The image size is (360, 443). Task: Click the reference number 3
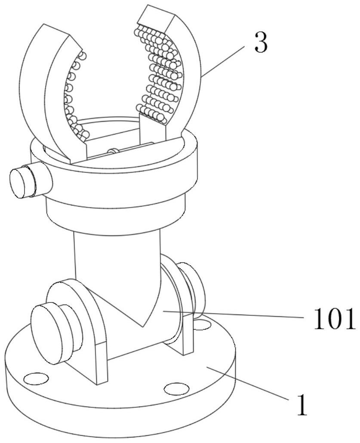(261, 43)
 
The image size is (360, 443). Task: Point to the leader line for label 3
(224, 61)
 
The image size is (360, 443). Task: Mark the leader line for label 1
(249, 382)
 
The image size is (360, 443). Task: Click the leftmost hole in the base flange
(36, 379)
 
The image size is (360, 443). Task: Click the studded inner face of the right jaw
(159, 73)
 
